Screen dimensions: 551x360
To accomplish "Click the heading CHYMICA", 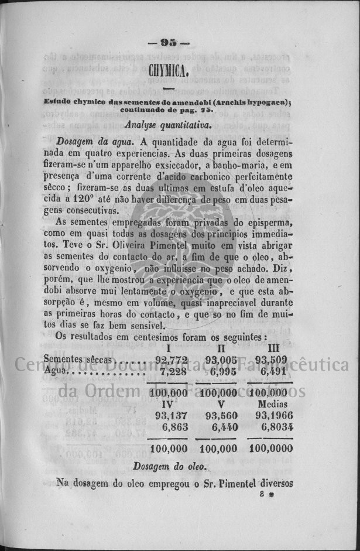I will (167, 72).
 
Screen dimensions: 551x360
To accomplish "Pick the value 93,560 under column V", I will (221, 415).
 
